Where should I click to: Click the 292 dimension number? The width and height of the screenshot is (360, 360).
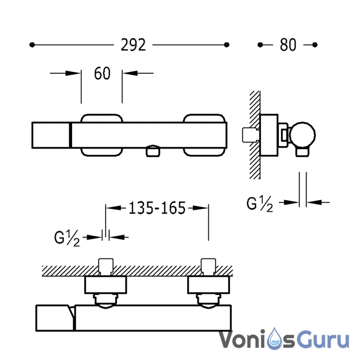[133, 45]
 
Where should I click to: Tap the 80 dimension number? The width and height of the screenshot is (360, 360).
[288, 45]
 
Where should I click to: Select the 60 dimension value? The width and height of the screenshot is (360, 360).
[102, 73]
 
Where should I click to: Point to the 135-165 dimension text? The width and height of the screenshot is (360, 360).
[157, 208]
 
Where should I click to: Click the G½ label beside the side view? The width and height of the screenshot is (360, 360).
[260, 204]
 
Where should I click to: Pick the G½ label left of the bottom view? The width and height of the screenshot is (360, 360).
[67, 238]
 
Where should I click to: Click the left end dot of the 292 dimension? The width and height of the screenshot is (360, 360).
[32, 45]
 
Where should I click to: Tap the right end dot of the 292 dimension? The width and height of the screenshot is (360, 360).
[227, 45]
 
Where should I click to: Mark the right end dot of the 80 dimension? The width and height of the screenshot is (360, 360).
[315, 45]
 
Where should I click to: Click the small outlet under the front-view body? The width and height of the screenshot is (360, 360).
[153, 151]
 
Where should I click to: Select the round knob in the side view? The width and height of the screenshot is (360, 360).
[302, 135]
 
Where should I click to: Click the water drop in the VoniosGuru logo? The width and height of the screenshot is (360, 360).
[275, 339]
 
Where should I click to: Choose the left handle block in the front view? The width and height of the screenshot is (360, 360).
[51, 135]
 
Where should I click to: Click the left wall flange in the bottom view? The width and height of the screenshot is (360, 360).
[106, 285]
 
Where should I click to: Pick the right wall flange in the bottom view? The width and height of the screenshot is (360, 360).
[208, 285]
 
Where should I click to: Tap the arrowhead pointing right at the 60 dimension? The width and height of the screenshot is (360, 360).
[72, 73]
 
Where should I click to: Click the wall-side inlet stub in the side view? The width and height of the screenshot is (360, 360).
[250, 135]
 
